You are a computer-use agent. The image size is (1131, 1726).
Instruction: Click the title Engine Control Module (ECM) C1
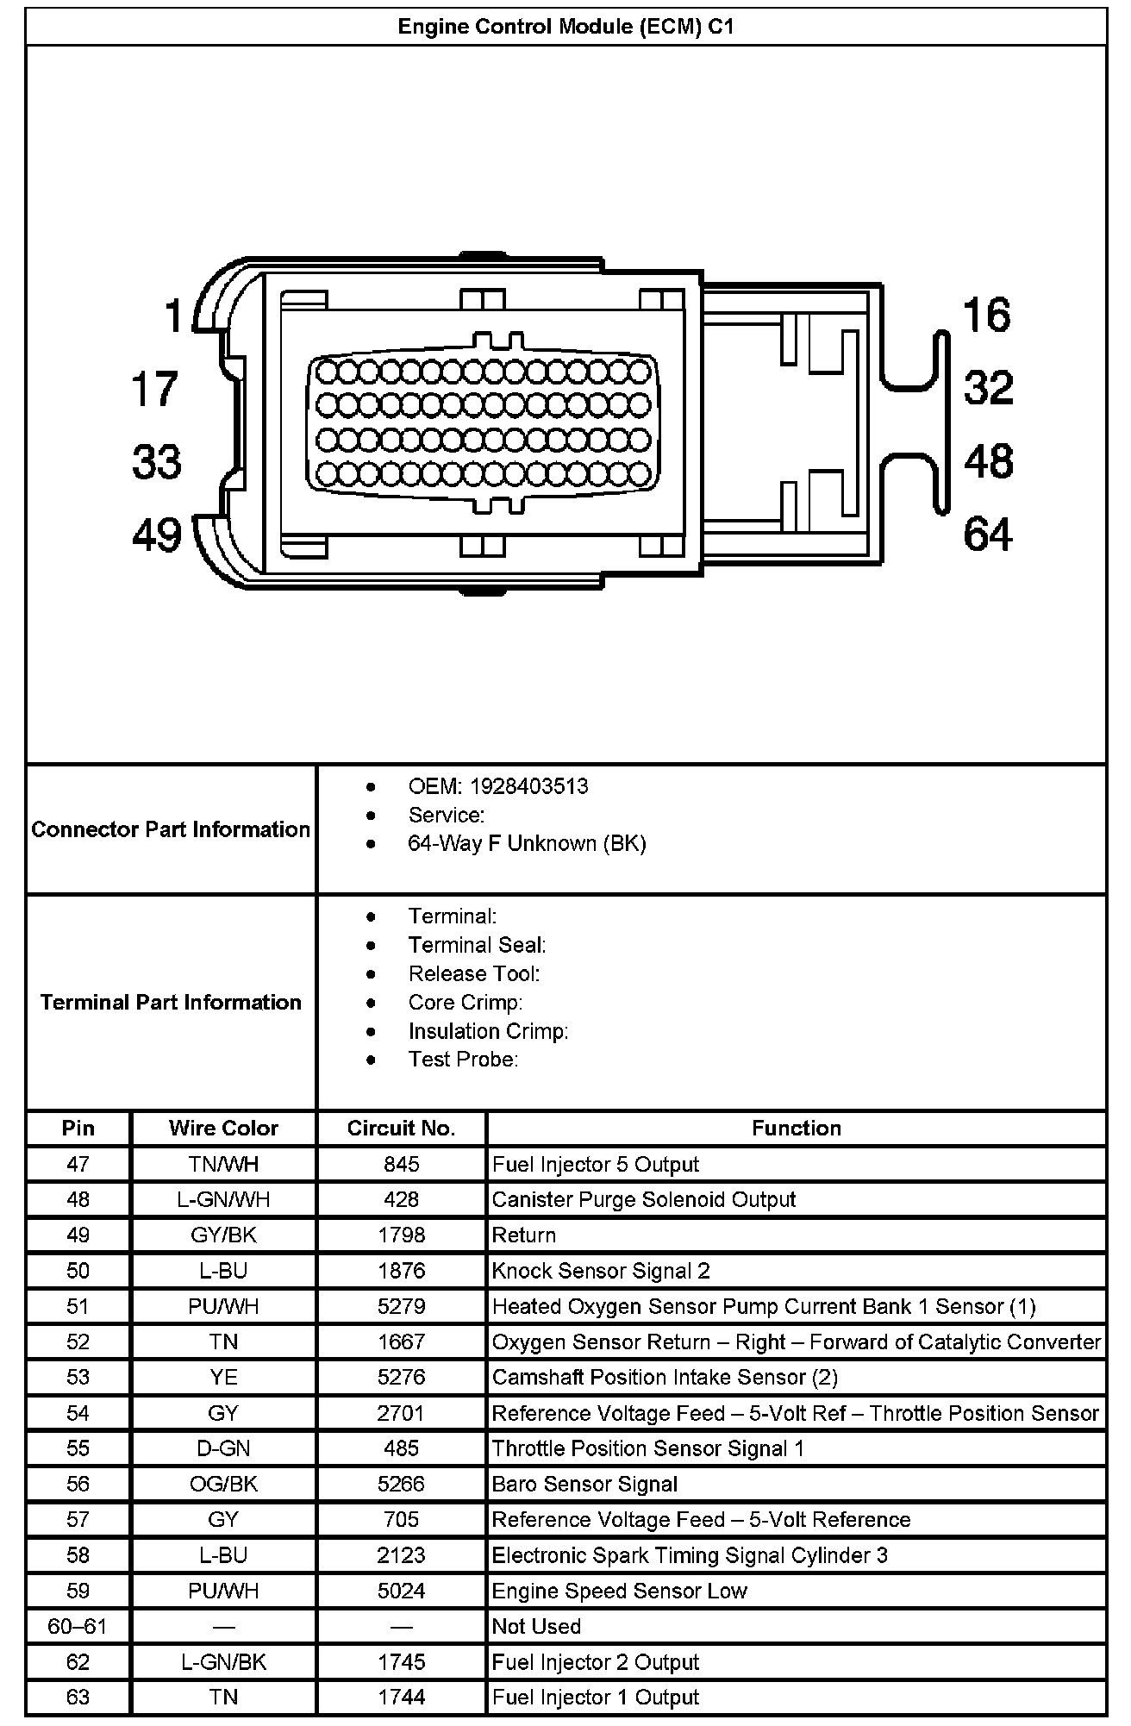pyautogui.click(x=565, y=27)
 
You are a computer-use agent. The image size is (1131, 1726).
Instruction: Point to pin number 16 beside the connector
pyautogui.click(x=986, y=315)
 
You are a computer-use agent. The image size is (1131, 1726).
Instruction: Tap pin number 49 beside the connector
pyautogui.click(x=156, y=535)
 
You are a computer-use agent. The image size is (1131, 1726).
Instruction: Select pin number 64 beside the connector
pyautogui.click(x=988, y=534)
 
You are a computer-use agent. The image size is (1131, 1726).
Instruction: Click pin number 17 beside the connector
pyautogui.click(x=154, y=388)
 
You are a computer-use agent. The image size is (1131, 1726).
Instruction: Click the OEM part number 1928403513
pyautogui.click(x=528, y=786)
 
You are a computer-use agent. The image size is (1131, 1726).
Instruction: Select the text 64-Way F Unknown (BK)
pyautogui.click(x=527, y=843)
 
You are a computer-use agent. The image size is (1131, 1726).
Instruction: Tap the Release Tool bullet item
pyautogui.click(x=473, y=973)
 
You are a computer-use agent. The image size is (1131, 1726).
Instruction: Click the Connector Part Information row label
pyautogui.click(x=171, y=829)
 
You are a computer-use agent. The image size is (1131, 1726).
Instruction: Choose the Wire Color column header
pyautogui.click(x=223, y=1129)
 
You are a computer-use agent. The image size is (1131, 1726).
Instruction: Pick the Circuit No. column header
pyautogui.click(x=401, y=1129)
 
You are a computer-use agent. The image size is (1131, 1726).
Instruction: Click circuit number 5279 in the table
pyautogui.click(x=401, y=1307)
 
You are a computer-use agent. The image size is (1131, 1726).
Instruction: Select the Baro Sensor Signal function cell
pyautogui.click(x=584, y=1485)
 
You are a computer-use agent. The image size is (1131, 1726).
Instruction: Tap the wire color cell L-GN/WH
pyautogui.click(x=223, y=1200)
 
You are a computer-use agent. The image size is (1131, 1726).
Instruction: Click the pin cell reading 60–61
pyautogui.click(x=78, y=1627)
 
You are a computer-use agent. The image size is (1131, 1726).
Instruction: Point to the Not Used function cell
pyautogui.click(x=536, y=1627)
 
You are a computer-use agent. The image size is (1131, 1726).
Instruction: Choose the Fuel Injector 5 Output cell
pyautogui.click(x=595, y=1165)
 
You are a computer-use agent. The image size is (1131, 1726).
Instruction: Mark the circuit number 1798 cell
pyautogui.click(x=401, y=1235)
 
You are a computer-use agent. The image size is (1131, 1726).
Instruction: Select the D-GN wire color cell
pyautogui.click(x=223, y=1449)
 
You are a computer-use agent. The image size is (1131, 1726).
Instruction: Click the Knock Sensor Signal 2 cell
pyautogui.click(x=601, y=1271)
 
